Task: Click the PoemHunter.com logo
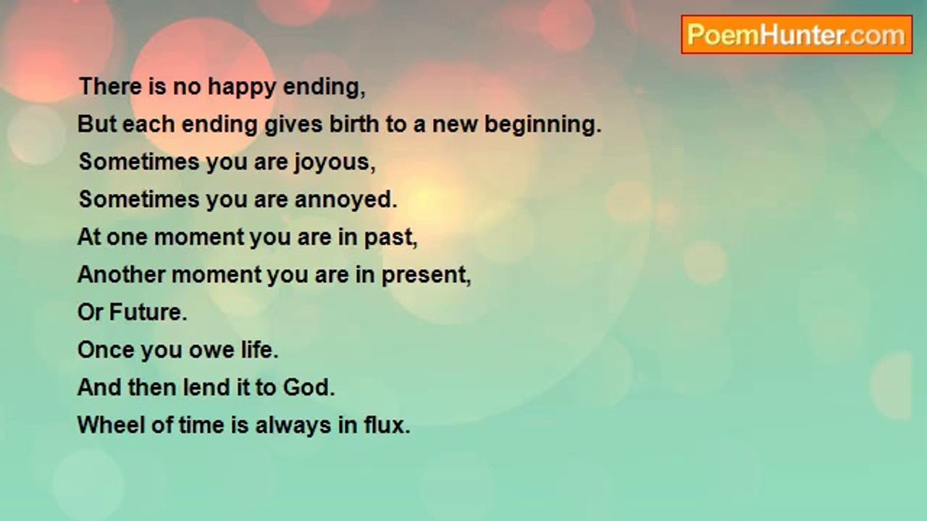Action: pos(797,35)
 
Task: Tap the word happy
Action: pos(242,88)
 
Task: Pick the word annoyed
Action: pos(345,200)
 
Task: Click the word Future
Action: pos(148,312)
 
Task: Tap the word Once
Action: pos(106,350)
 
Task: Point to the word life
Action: pos(259,350)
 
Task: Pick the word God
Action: pos(309,387)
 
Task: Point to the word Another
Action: pos(121,274)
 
